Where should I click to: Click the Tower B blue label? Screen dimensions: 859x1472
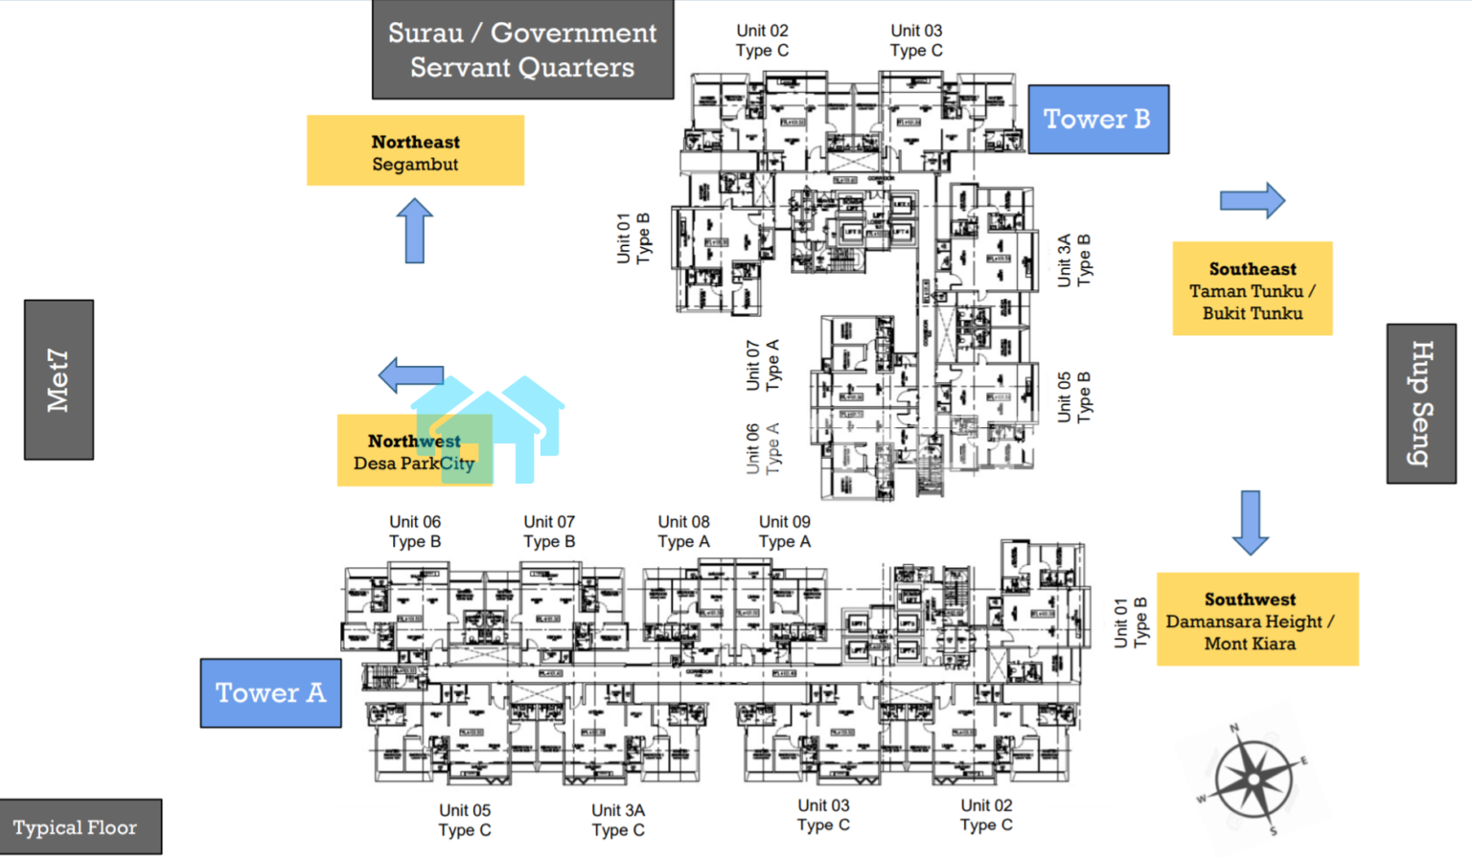click(1098, 119)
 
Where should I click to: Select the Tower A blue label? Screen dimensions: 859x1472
click(270, 692)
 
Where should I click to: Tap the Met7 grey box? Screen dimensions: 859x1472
click(58, 379)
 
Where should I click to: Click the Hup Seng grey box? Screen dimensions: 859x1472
click(1421, 403)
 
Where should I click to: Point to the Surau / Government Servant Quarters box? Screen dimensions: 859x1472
click(522, 50)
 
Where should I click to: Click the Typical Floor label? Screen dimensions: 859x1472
click(76, 827)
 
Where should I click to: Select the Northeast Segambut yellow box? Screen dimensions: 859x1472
click(415, 151)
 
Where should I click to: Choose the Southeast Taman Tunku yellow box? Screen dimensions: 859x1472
click(1252, 289)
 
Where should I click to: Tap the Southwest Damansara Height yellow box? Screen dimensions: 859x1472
click(1256, 620)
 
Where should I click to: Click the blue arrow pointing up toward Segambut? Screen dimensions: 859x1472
click(414, 231)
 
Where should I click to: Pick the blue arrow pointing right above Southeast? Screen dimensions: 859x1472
click(1252, 200)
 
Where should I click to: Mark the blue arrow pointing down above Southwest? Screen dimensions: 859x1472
click(1250, 522)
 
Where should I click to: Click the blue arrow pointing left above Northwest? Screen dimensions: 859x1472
click(411, 374)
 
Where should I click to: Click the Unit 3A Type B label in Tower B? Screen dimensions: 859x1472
click(1073, 260)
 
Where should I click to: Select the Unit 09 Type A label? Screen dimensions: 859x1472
click(784, 531)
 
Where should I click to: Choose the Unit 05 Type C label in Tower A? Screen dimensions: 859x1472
click(465, 820)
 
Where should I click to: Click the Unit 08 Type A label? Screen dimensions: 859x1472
click(683, 531)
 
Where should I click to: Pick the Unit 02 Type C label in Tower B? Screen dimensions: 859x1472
click(762, 40)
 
